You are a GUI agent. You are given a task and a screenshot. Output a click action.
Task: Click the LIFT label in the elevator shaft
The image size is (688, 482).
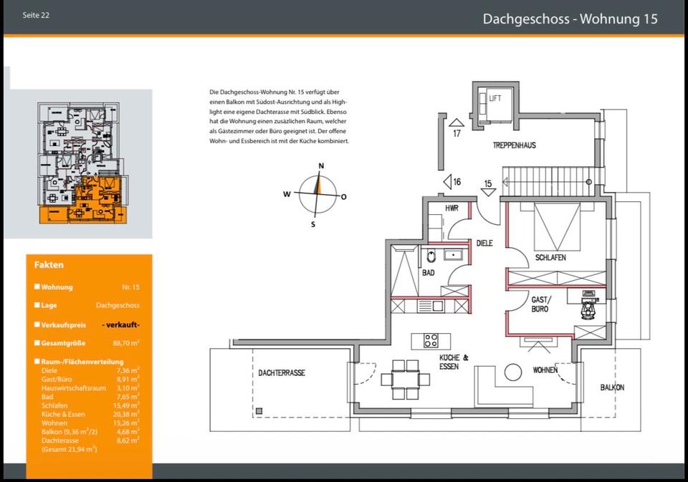pos(495,98)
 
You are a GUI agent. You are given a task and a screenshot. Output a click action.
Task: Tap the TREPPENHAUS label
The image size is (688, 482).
pos(515,145)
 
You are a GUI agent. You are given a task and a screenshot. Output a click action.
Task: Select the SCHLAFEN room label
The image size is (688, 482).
pos(550,257)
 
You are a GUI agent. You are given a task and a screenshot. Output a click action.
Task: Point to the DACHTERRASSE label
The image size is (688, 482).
pos(281,373)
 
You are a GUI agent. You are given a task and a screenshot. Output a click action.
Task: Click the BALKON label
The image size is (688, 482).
pos(612,387)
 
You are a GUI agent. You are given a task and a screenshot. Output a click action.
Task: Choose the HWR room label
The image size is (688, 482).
pos(451,208)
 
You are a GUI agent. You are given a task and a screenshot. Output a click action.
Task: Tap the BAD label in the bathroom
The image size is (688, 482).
pos(429,273)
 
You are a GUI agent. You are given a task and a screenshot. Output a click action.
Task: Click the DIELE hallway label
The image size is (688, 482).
pos(484,243)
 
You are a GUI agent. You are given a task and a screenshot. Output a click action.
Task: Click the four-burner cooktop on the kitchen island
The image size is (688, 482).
pos(431,341)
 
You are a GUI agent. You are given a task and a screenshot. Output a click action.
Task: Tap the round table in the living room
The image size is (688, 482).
pos(513,372)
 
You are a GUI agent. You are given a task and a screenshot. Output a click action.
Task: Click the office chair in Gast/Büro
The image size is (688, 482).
pos(588,307)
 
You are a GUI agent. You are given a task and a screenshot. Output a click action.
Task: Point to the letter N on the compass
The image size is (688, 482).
pos(321,165)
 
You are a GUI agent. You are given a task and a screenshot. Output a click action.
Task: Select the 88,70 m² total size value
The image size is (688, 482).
pos(126,343)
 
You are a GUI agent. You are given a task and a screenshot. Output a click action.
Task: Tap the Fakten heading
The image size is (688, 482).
pos(49,265)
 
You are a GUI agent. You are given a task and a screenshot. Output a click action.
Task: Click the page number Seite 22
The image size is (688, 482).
pos(36,15)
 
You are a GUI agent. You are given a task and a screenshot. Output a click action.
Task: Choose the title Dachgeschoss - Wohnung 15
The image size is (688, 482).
pos(570,19)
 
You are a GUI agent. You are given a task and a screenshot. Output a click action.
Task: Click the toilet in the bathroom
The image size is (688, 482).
pos(431,256)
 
